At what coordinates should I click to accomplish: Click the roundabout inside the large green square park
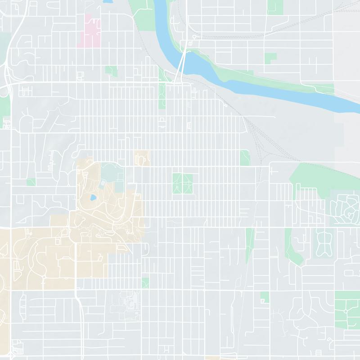346,310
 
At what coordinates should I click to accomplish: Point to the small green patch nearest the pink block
111,71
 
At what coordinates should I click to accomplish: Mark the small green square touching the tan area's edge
145,283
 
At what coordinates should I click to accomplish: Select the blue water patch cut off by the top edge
108,1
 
